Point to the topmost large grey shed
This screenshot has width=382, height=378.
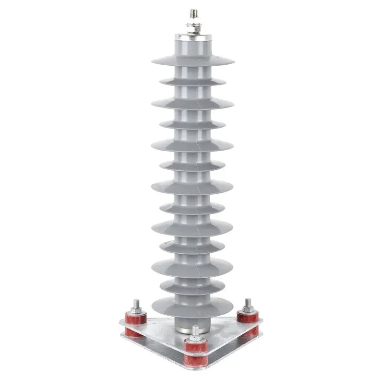[193, 61]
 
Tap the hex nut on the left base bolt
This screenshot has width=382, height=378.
[136, 311]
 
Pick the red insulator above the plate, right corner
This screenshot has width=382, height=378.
[248, 317]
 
